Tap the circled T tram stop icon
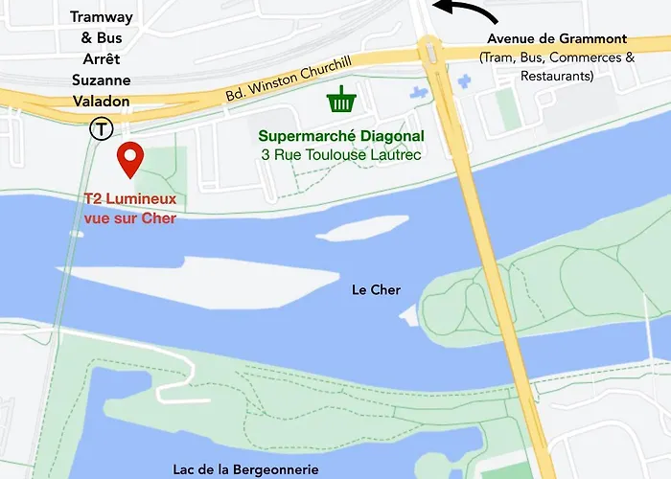[99, 127]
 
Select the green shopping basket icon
[339, 98]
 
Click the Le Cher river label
[376, 289]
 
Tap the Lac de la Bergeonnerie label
[245, 468]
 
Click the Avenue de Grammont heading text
[556, 39]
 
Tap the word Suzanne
[101, 81]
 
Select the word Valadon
[101, 102]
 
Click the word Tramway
[101, 16]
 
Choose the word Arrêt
[101, 59]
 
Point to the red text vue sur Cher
[124, 217]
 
